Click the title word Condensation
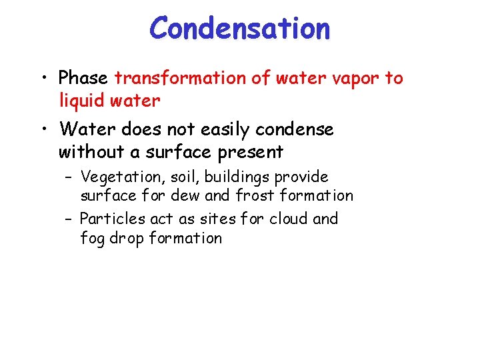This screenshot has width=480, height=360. (x=239, y=29)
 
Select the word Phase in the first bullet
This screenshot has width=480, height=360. (x=83, y=78)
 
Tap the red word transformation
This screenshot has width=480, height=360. (x=181, y=78)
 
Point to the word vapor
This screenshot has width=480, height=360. (x=355, y=78)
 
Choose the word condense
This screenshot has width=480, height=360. (x=296, y=129)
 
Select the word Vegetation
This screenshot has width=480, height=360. (x=119, y=177)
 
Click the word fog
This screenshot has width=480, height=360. (x=93, y=238)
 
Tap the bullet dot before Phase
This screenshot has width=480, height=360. (x=43, y=79)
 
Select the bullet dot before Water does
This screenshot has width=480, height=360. (x=43, y=129)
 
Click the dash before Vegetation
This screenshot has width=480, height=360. (x=69, y=178)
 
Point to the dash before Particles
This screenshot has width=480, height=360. (x=69, y=219)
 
